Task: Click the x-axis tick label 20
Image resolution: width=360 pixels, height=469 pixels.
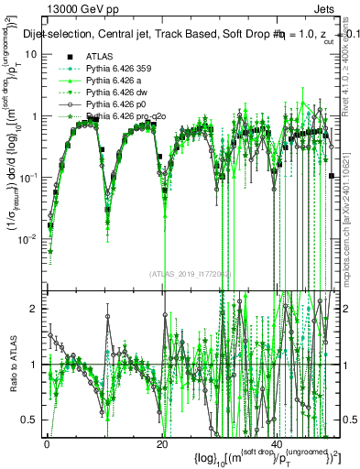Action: tap(162, 445)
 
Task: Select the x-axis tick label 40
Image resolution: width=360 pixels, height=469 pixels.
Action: tap(278, 445)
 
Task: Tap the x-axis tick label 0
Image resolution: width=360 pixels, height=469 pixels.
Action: tap(47, 445)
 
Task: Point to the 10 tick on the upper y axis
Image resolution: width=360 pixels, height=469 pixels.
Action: tap(30, 54)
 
